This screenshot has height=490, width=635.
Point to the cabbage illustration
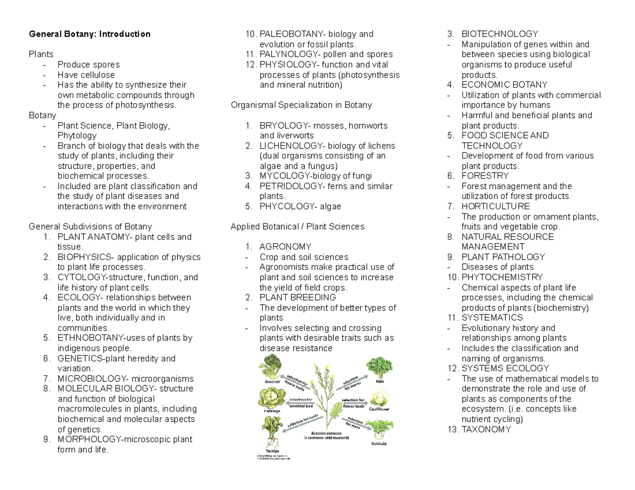coord(270,397)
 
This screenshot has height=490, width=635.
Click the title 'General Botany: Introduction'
coord(89,34)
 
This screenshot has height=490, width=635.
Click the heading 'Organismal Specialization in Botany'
coord(302,105)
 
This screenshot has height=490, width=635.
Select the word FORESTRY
coord(485,176)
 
